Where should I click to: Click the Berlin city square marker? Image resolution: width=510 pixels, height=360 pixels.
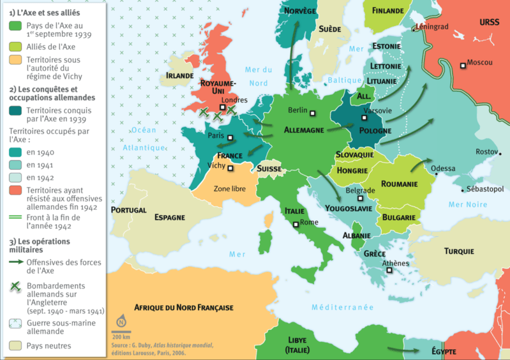(x=313, y=114)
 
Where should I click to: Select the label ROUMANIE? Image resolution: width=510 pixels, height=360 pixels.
(x=399, y=184)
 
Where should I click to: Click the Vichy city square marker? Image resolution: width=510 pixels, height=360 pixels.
(x=230, y=169)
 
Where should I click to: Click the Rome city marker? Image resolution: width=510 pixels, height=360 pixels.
(x=296, y=224)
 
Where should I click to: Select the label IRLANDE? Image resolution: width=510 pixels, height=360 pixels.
(x=179, y=75)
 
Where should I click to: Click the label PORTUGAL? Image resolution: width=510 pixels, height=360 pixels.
(x=128, y=210)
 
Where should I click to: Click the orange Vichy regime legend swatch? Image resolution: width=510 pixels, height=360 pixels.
(x=16, y=60)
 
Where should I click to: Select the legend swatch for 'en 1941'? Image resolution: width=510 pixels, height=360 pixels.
(x=16, y=165)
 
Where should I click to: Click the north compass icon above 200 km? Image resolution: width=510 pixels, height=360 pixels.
(x=121, y=322)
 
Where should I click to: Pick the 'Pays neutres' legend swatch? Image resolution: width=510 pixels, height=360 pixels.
(x=16, y=345)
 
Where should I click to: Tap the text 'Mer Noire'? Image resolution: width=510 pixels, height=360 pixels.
(x=468, y=204)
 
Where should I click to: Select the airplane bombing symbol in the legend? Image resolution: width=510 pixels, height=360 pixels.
(x=16, y=287)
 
